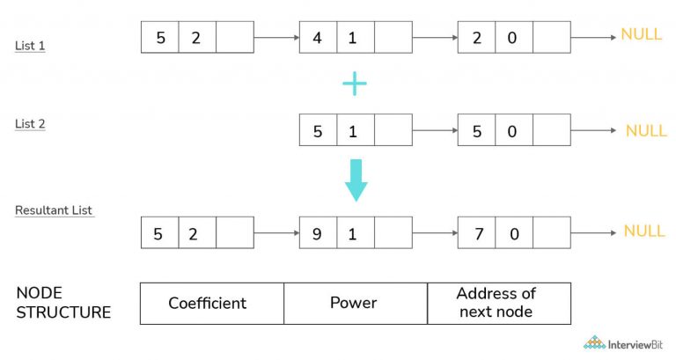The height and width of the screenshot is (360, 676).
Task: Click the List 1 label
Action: click(30, 46)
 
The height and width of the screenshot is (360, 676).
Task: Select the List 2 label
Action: click(30, 124)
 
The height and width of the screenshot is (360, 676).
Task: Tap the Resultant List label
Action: click(54, 210)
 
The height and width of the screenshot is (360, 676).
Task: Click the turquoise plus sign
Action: click(355, 84)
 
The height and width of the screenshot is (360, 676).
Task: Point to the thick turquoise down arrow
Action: click(356, 180)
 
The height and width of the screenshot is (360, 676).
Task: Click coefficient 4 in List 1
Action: click(318, 38)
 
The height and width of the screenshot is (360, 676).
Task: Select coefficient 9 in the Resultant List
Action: click(318, 233)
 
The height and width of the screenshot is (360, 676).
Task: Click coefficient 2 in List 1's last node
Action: click(476, 38)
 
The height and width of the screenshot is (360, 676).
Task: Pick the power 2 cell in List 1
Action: click(197, 38)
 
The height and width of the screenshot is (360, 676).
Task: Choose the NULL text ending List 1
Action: click(641, 34)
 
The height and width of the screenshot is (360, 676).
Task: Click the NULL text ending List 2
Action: click(646, 130)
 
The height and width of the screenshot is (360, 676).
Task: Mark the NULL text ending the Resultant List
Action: click(644, 231)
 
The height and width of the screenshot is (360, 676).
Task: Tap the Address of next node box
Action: click(499, 304)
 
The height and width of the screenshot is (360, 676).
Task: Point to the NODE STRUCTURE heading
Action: click(63, 302)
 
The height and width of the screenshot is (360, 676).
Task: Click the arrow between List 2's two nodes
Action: click(435, 130)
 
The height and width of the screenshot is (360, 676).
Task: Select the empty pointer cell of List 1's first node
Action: click(235, 38)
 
